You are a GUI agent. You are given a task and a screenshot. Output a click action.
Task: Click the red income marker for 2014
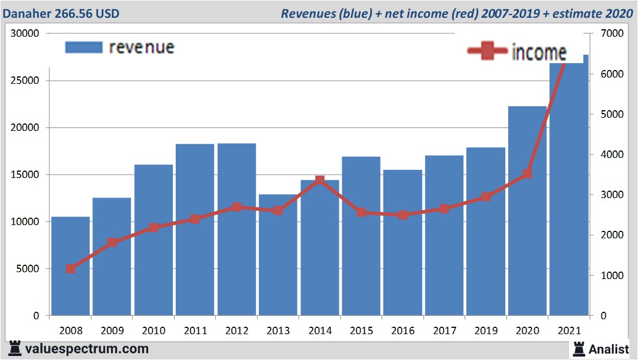[x=320, y=181]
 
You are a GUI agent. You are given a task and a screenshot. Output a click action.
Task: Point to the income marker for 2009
[x=112, y=242]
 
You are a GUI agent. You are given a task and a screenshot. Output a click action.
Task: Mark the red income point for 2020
[x=527, y=173]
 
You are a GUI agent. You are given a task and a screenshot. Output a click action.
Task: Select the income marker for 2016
[x=403, y=215]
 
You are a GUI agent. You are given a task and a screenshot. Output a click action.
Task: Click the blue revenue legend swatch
[x=83, y=47]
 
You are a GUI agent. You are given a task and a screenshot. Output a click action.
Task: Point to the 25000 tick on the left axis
[x=25, y=80]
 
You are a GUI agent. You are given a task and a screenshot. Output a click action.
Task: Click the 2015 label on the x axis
[x=361, y=331]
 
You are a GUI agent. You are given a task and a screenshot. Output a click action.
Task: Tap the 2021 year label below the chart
[x=569, y=331]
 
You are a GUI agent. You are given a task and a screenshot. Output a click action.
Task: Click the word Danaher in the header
[x=28, y=13]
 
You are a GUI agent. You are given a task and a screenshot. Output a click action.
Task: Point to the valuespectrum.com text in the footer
[x=87, y=349]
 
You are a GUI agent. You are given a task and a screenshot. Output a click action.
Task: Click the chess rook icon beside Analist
[x=578, y=349]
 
